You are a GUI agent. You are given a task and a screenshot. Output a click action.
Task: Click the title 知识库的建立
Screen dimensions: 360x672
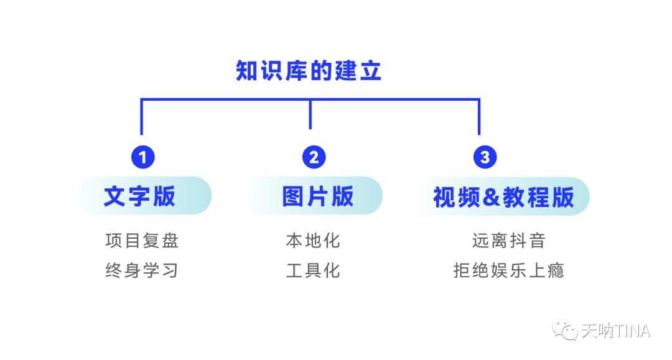pyautogui.click(x=309, y=71)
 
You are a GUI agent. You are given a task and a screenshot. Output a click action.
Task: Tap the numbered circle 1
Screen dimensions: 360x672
pyautogui.click(x=142, y=157)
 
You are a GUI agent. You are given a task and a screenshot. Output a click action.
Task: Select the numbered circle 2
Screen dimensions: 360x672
pyautogui.click(x=314, y=157)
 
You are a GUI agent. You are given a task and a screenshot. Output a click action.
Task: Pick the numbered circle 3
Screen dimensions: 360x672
pyautogui.click(x=485, y=157)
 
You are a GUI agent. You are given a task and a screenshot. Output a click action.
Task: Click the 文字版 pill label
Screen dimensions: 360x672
pyautogui.click(x=141, y=196)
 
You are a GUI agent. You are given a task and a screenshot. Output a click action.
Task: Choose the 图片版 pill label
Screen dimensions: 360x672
pyautogui.click(x=317, y=196)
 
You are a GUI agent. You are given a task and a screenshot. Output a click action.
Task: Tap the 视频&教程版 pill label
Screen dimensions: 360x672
pyautogui.click(x=503, y=196)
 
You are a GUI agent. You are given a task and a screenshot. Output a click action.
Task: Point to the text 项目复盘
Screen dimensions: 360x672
pyautogui.click(x=142, y=241)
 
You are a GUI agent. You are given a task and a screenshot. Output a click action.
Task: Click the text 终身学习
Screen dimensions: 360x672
pyautogui.click(x=142, y=270)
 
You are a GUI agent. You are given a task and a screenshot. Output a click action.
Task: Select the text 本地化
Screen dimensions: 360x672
pyautogui.click(x=313, y=241)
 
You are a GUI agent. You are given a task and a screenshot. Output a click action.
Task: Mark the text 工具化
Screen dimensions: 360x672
pyautogui.click(x=313, y=270)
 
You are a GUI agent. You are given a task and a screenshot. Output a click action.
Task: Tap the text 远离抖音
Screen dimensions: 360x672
pyautogui.click(x=509, y=241)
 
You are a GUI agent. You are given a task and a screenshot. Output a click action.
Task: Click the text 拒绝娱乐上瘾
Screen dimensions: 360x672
pyautogui.click(x=509, y=270)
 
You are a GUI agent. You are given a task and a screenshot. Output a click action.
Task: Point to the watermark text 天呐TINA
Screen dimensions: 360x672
pyautogui.click(x=615, y=330)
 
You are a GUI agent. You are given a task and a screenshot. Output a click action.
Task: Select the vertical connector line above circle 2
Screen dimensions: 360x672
pyautogui.click(x=310, y=114)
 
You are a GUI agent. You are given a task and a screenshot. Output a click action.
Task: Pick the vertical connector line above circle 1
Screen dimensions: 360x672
pyautogui.click(x=142, y=117)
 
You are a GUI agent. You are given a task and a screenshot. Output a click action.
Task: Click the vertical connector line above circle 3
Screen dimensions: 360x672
pyautogui.click(x=479, y=117)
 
